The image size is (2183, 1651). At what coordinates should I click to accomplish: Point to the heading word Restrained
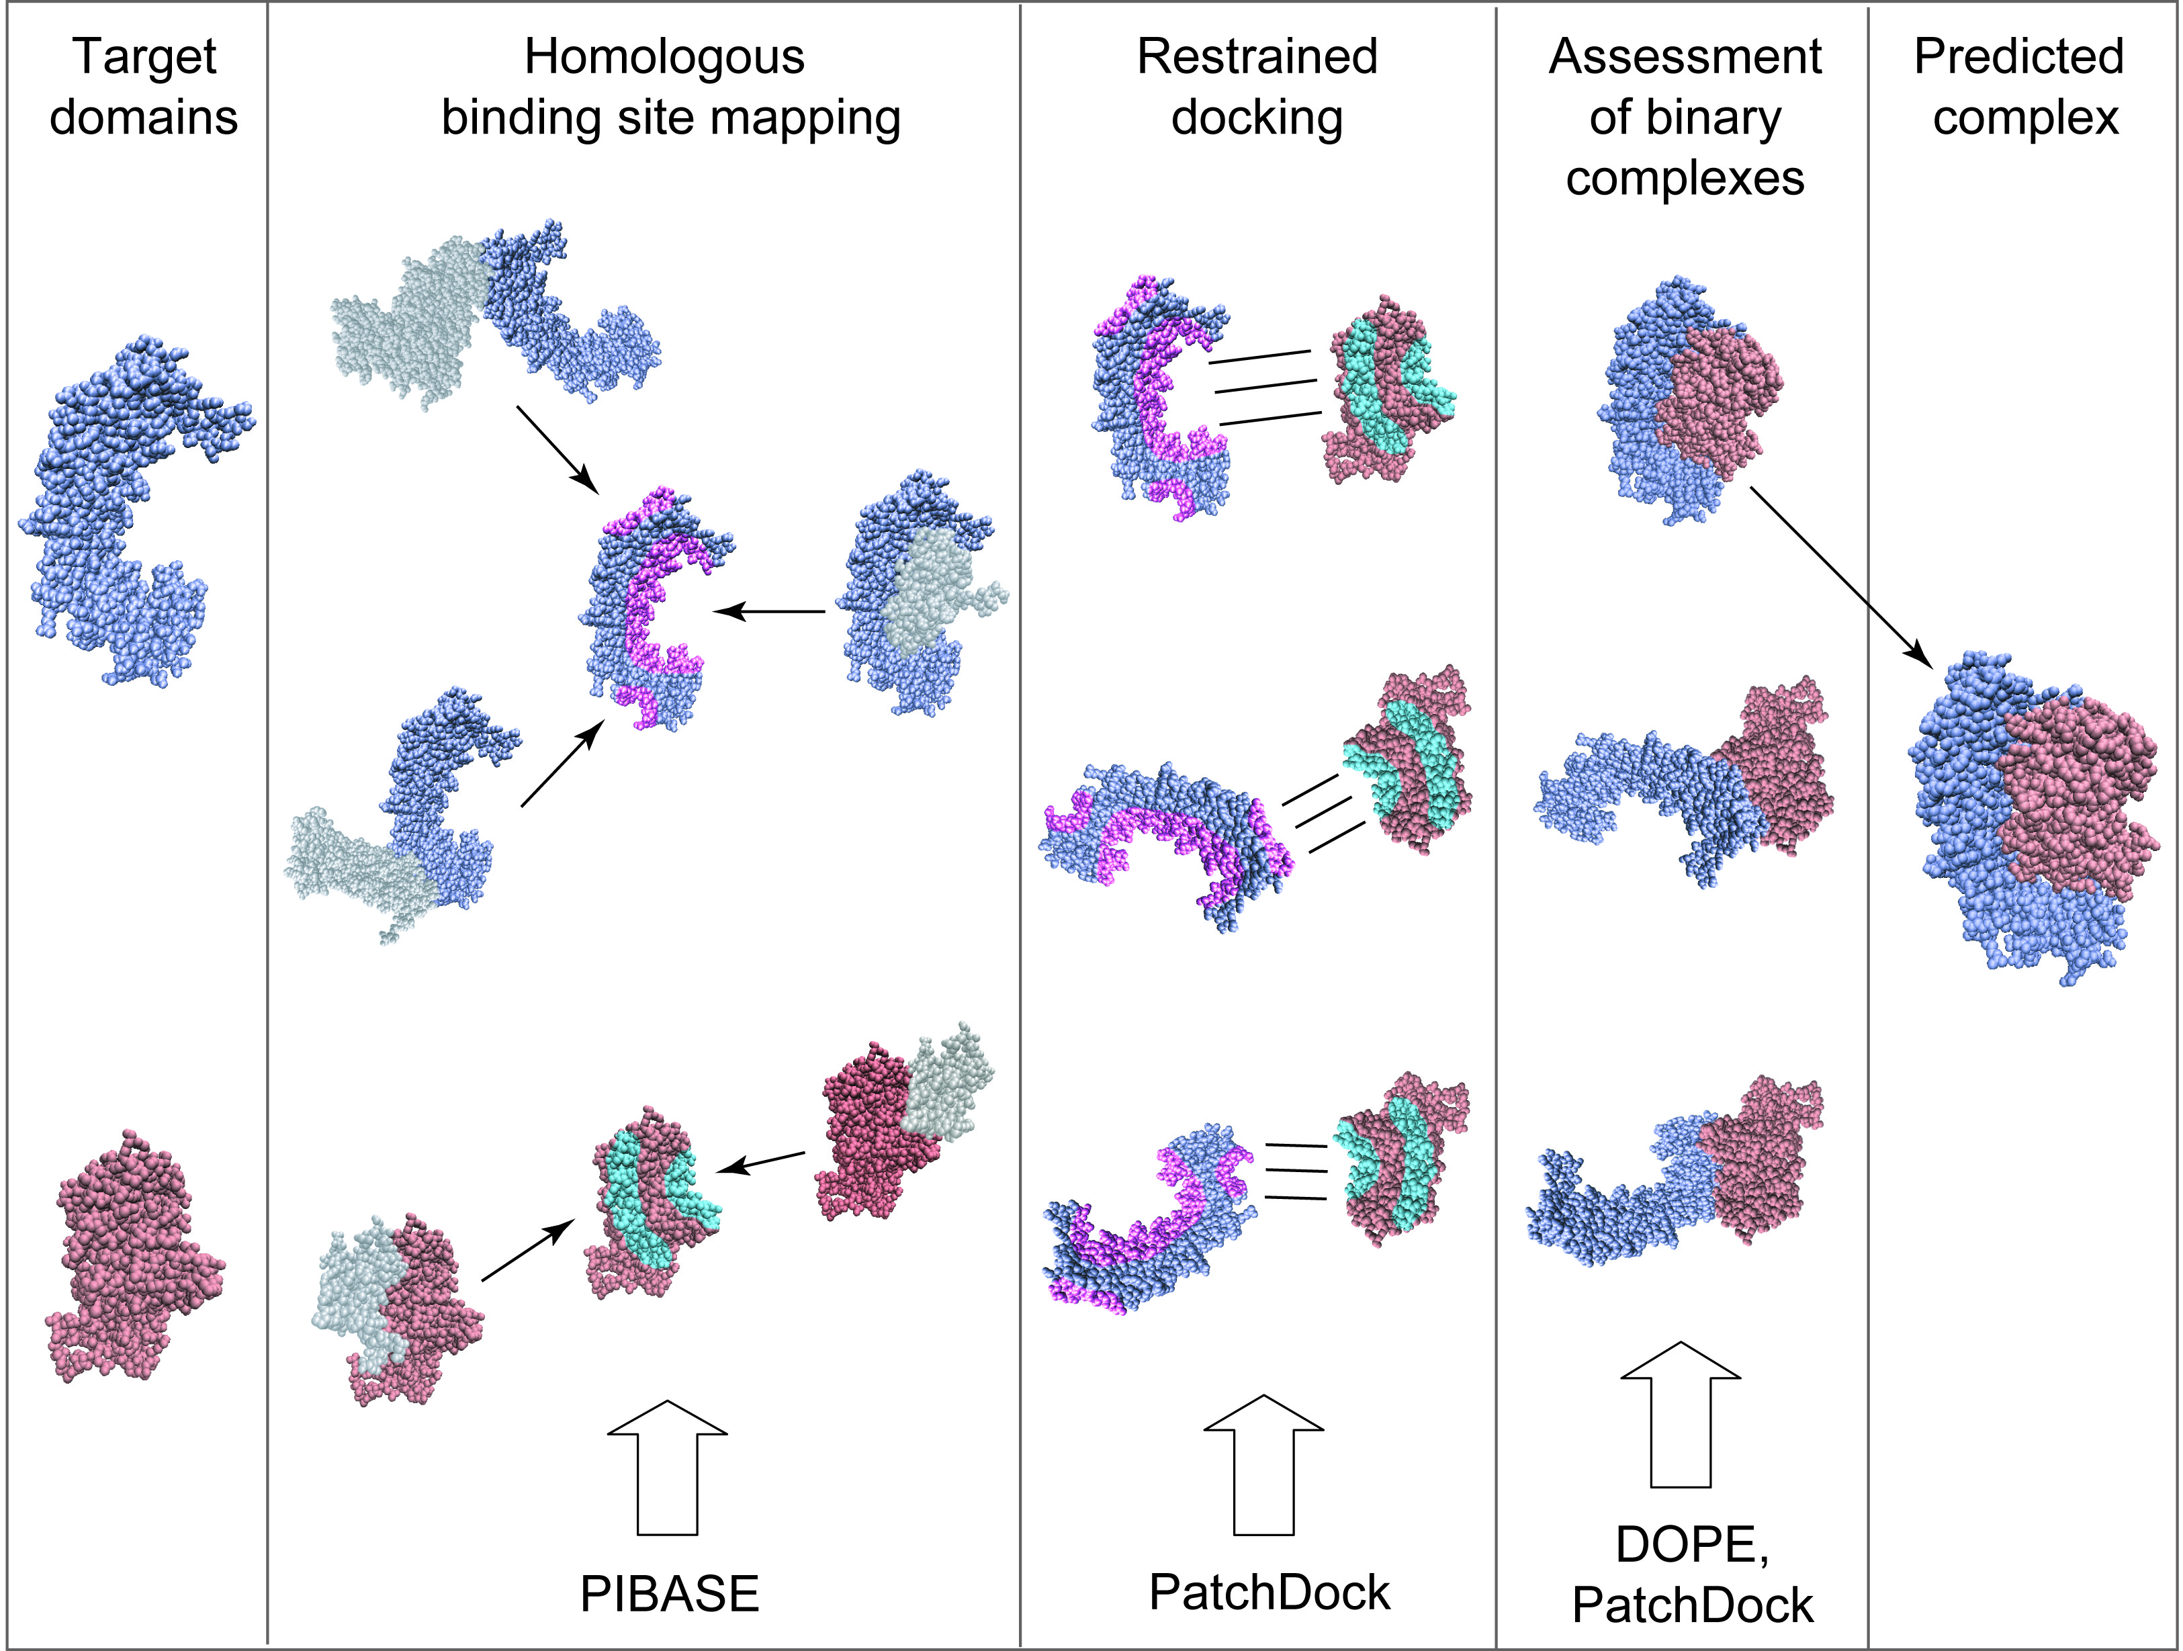pyautogui.click(x=1257, y=56)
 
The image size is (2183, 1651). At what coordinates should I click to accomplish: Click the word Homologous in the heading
pyautogui.click(x=664, y=56)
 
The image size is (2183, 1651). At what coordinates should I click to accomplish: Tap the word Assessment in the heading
pyautogui.click(x=1685, y=56)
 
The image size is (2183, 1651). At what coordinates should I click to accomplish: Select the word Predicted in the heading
pyautogui.click(x=2018, y=56)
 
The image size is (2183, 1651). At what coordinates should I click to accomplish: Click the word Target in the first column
pyautogui.click(x=144, y=56)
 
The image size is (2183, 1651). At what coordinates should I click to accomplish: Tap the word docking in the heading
pyautogui.click(x=1257, y=118)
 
